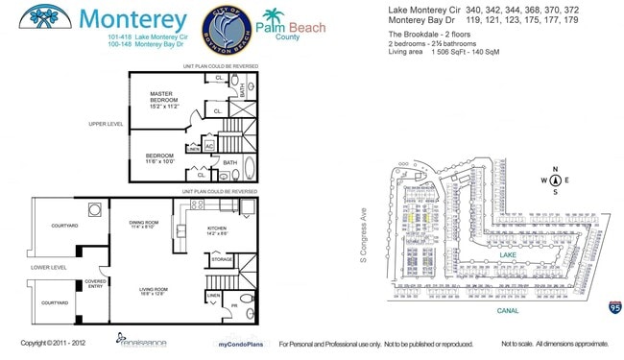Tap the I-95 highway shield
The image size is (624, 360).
pos(612,306)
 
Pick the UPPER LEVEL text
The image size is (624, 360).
pos(105,124)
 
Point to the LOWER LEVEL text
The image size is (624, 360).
pos(48,268)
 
